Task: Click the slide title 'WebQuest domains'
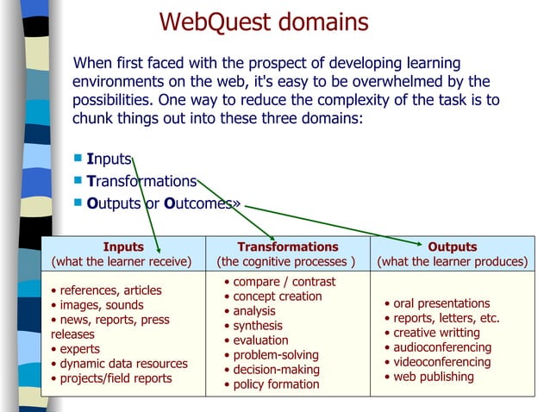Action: pyautogui.click(x=264, y=22)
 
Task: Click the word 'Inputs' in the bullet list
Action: pyautogui.click(x=109, y=159)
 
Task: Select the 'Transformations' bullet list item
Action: pyautogui.click(x=141, y=181)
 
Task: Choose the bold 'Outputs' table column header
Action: pyautogui.click(x=452, y=247)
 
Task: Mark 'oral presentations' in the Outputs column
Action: pyautogui.click(x=441, y=303)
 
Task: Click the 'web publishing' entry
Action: pyautogui.click(x=434, y=377)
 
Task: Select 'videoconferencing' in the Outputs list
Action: pyautogui.click(x=441, y=362)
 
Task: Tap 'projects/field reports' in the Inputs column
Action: pyautogui.click(x=116, y=378)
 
